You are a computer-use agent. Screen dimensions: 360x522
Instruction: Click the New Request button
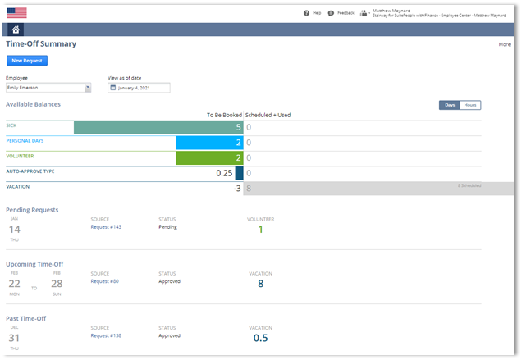click(x=27, y=60)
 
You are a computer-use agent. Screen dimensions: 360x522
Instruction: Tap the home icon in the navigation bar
click(x=17, y=30)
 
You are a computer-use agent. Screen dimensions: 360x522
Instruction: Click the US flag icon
click(x=16, y=12)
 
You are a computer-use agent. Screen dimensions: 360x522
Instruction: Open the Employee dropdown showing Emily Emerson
click(x=48, y=88)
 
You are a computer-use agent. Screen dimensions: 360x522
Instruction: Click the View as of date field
click(x=139, y=88)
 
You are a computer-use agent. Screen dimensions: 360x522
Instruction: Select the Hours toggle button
click(x=470, y=105)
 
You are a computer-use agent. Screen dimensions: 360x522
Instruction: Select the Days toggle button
click(x=449, y=105)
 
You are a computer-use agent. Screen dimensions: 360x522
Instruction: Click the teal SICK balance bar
click(x=158, y=127)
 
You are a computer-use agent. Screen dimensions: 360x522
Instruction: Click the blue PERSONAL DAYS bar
click(x=209, y=143)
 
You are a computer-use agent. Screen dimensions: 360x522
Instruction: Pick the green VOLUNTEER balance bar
click(x=209, y=157)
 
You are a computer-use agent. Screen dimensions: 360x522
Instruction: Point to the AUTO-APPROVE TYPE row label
click(x=30, y=171)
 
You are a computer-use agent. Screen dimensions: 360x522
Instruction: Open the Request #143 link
click(x=105, y=227)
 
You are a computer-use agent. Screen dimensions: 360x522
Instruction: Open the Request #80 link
click(x=104, y=281)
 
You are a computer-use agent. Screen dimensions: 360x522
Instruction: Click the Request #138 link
click(x=105, y=335)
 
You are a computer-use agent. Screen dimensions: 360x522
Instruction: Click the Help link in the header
click(x=312, y=13)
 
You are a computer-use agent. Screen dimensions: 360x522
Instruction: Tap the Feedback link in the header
click(x=341, y=13)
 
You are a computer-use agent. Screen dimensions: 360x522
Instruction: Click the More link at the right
click(x=504, y=44)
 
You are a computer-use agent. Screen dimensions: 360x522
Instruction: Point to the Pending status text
click(x=167, y=227)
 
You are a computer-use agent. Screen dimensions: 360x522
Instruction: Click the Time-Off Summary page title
click(x=41, y=43)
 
